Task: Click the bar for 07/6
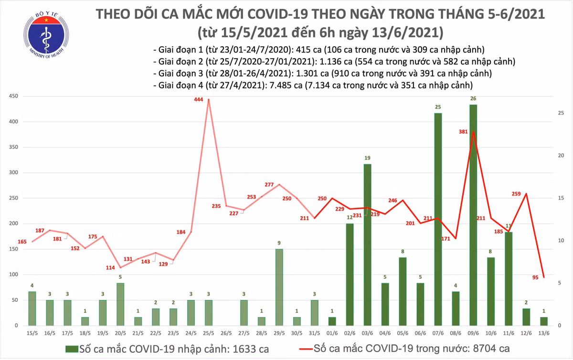pyautogui.click(x=437, y=220)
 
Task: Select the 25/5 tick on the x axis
pyautogui.click(x=208, y=333)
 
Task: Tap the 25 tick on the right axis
pyautogui.click(x=562, y=113)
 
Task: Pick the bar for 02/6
pyautogui.click(x=350, y=274)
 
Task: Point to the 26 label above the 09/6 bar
pyautogui.click(x=473, y=99)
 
